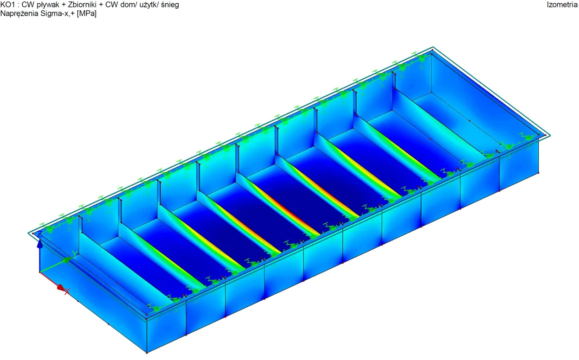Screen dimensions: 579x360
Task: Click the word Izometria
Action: tap(562, 5)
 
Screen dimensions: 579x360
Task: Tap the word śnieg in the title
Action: tap(170, 5)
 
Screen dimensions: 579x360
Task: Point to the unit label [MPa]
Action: tap(87, 13)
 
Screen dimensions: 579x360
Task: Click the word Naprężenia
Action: tap(19, 13)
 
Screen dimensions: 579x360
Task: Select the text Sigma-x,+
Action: tap(57, 13)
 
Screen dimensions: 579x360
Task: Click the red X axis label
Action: tap(67, 291)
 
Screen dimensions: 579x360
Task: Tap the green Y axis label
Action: tap(75, 254)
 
